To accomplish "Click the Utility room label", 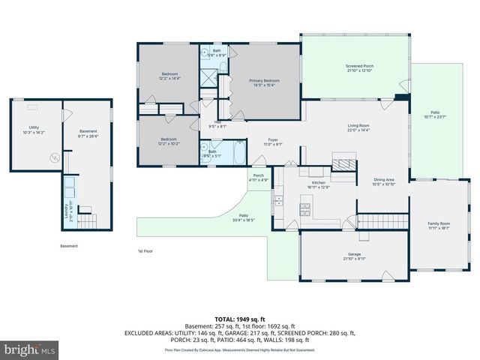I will [34, 130].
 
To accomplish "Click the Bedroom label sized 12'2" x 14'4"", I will [170, 75].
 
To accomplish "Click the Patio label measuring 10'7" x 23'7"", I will [435, 115].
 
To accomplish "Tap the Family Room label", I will [439, 225].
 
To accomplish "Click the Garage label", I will [355, 256].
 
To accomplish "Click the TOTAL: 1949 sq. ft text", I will [240, 319].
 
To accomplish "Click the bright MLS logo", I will [30, 349].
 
